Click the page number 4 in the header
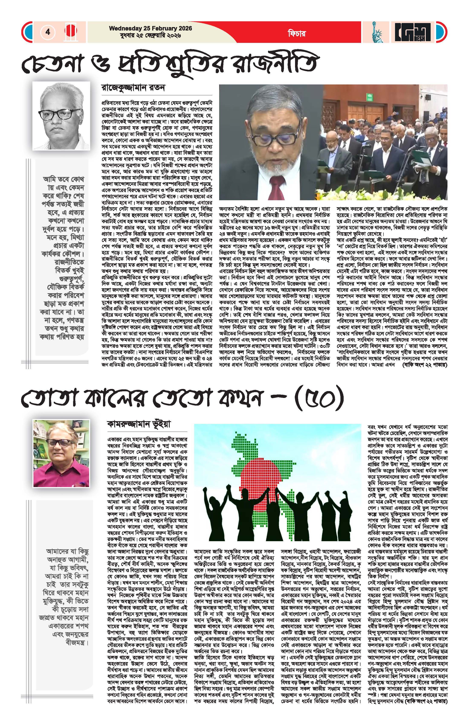48,32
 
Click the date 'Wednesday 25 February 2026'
151,28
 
